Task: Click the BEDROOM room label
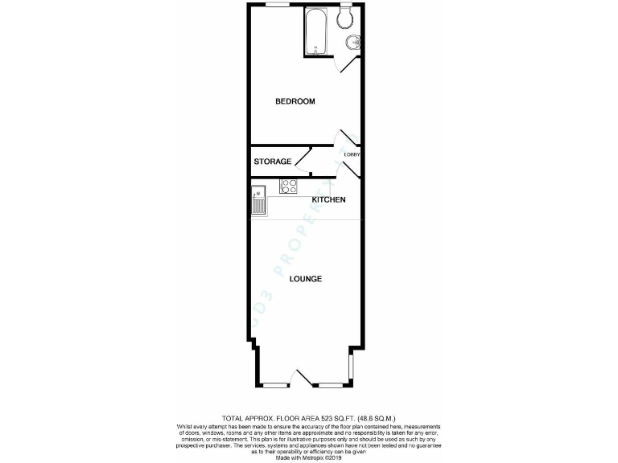[295, 101]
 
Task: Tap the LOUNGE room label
[307, 279]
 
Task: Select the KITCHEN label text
[329, 199]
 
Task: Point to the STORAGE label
[273, 162]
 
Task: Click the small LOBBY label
[352, 154]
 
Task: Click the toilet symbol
[348, 17]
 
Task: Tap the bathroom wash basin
[352, 42]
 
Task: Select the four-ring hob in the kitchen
[288, 186]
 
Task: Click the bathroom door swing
[348, 65]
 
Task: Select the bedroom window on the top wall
[278, 6]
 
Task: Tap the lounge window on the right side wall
[351, 366]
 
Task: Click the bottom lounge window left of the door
[278, 383]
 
